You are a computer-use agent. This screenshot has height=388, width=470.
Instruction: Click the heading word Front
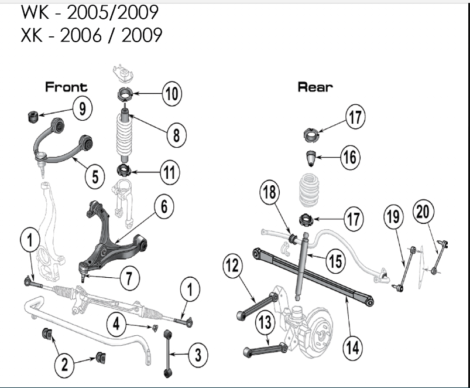pos(66,87)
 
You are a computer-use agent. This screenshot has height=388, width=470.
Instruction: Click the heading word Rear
pos(315,87)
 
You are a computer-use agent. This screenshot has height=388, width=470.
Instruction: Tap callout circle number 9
pos(83,108)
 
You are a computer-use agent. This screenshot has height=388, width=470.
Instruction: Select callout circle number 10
pos(171,94)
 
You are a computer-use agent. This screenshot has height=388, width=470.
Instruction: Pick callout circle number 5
pos(95,175)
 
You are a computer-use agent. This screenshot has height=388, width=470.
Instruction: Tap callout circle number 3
pos(197,354)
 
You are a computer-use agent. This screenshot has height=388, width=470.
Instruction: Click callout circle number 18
pos(270,193)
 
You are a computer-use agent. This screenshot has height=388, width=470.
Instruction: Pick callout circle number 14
pos(352,347)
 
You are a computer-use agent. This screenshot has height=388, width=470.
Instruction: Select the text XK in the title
pos(32,35)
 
